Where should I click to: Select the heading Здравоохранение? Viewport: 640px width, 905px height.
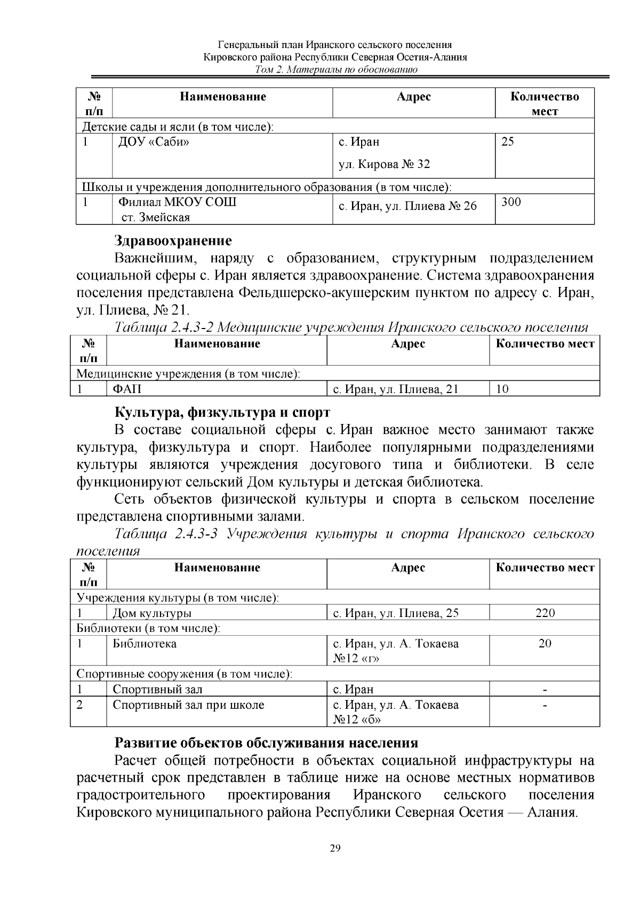(x=173, y=241)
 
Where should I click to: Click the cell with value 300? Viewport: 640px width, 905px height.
(x=511, y=202)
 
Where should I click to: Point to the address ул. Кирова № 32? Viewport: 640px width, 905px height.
(x=384, y=164)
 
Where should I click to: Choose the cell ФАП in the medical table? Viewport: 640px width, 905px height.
(x=127, y=389)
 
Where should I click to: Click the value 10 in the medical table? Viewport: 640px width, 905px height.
(x=502, y=389)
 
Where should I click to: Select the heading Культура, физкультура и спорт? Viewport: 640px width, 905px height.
(x=222, y=413)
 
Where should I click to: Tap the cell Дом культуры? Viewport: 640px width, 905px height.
(x=152, y=613)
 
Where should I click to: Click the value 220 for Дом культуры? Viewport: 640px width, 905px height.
(x=545, y=613)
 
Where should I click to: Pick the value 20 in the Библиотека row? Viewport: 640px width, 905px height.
(x=545, y=644)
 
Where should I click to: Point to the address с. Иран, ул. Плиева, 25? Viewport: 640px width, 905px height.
(x=396, y=613)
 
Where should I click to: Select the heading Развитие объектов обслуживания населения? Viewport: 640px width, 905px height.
(x=266, y=743)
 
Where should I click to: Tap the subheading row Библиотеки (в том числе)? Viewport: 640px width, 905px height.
(x=148, y=628)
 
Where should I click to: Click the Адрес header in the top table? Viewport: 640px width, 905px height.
(x=413, y=97)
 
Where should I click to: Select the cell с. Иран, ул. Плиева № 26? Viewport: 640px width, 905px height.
(x=408, y=206)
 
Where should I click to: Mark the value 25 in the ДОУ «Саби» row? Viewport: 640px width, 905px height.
(x=508, y=142)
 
